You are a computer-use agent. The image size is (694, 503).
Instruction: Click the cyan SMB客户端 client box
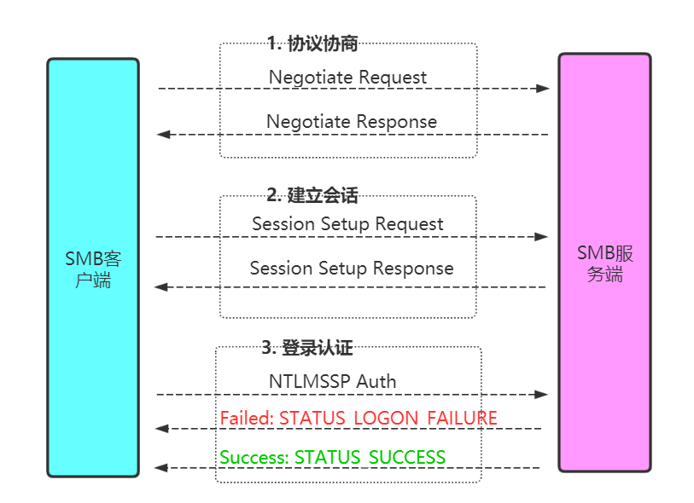[x=93, y=268]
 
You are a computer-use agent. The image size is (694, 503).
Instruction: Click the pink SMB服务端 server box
[x=604, y=263]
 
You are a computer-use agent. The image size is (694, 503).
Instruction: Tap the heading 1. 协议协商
[x=312, y=43]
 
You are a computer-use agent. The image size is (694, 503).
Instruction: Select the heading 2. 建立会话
[x=312, y=195]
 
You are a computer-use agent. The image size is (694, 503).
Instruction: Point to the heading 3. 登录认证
[x=307, y=348]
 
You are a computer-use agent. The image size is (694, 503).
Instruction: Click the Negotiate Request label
[x=348, y=78]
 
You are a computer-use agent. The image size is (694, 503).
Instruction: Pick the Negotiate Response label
[x=352, y=122]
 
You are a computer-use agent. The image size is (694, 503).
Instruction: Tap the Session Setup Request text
[x=348, y=224]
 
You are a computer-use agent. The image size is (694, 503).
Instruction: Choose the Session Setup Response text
[x=352, y=269]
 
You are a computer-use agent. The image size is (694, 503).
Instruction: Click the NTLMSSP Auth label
[x=332, y=381]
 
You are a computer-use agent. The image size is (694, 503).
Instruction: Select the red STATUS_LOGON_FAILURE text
[x=388, y=418]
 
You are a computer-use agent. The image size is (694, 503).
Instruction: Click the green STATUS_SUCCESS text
[x=370, y=458]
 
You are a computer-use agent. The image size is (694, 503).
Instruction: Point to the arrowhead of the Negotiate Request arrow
[x=543, y=89]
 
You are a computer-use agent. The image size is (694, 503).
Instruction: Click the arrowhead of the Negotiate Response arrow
[x=163, y=135]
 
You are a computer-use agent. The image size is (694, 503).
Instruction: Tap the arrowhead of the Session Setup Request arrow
[x=541, y=237]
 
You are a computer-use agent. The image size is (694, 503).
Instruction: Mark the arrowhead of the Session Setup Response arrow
[x=161, y=287]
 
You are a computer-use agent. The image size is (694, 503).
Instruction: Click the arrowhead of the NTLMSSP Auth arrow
[x=541, y=394]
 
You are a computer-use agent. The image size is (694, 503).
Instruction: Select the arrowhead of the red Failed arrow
[x=161, y=428]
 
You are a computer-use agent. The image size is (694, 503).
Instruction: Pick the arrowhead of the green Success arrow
[x=160, y=468]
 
